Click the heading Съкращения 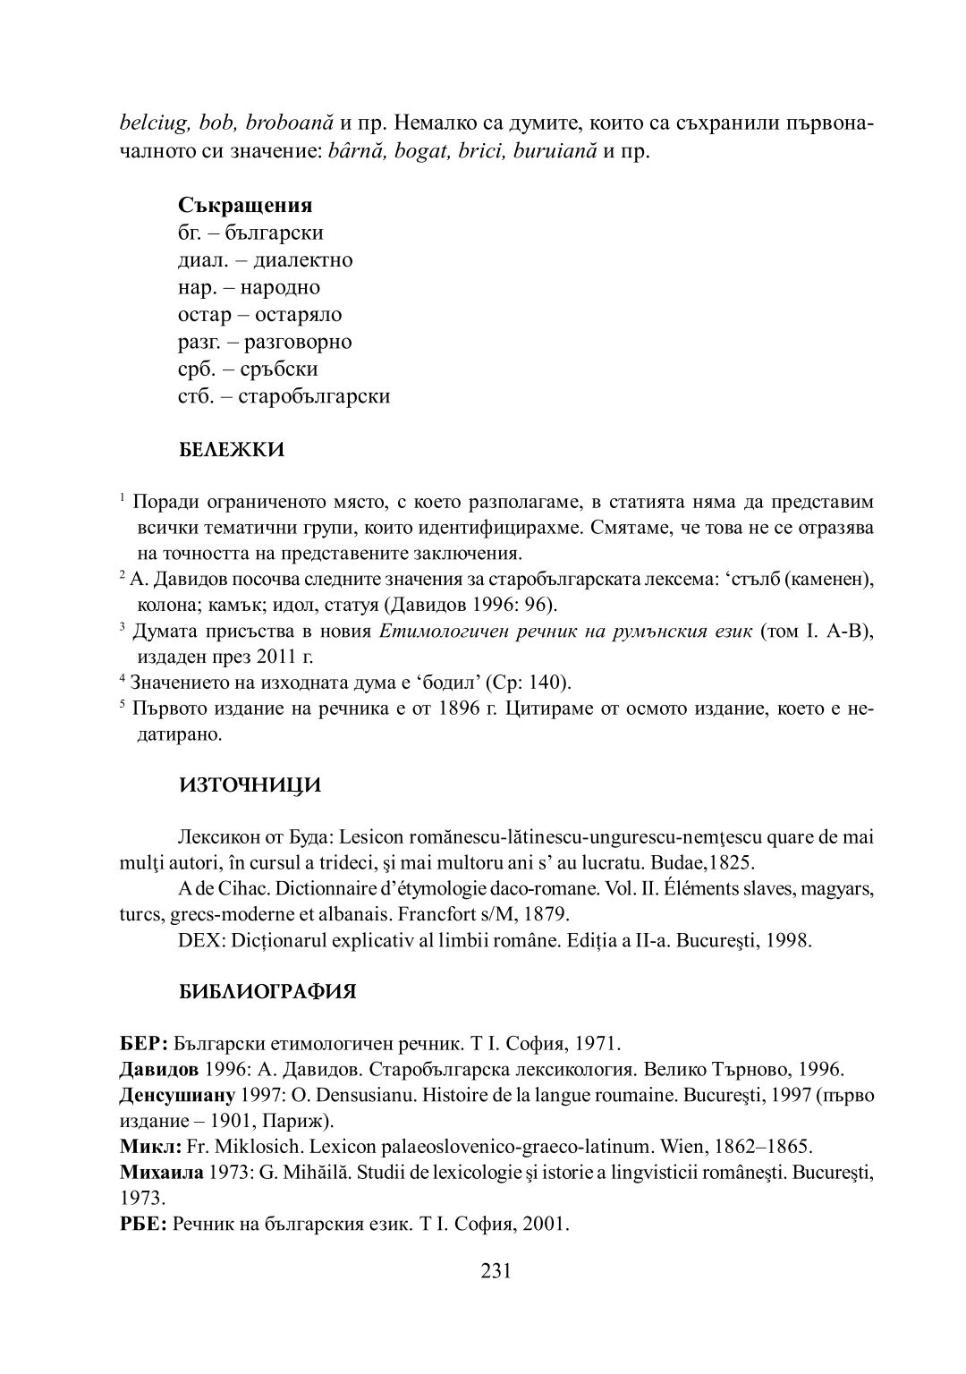[245, 206]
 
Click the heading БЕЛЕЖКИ [232, 450]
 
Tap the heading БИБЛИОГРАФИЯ [267, 992]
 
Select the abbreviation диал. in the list [200, 260]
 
